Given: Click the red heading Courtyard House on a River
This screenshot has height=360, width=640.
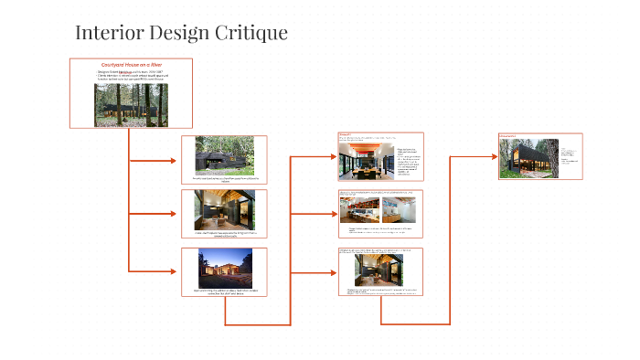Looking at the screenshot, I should [x=131, y=65].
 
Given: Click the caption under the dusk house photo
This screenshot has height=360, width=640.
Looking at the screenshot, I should [x=224, y=292].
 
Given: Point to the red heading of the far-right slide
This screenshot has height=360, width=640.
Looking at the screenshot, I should [x=507, y=136].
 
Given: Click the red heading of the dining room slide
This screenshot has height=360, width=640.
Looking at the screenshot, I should [x=345, y=134].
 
